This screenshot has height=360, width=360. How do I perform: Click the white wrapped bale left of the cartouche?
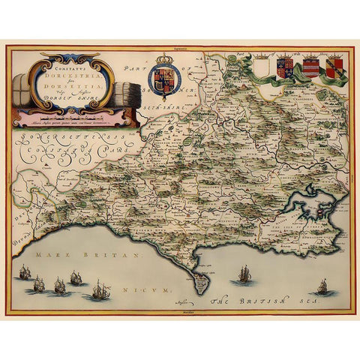(22, 88)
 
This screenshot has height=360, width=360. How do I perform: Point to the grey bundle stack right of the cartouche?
(123, 88)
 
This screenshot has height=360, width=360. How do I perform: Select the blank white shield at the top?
(260, 69)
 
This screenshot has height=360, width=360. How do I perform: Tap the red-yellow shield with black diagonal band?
(333, 69)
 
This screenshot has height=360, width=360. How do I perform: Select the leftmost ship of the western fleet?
(25, 273)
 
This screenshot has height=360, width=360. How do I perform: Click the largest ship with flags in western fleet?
(98, 289)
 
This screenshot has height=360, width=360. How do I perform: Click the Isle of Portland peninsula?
(199, 283)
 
